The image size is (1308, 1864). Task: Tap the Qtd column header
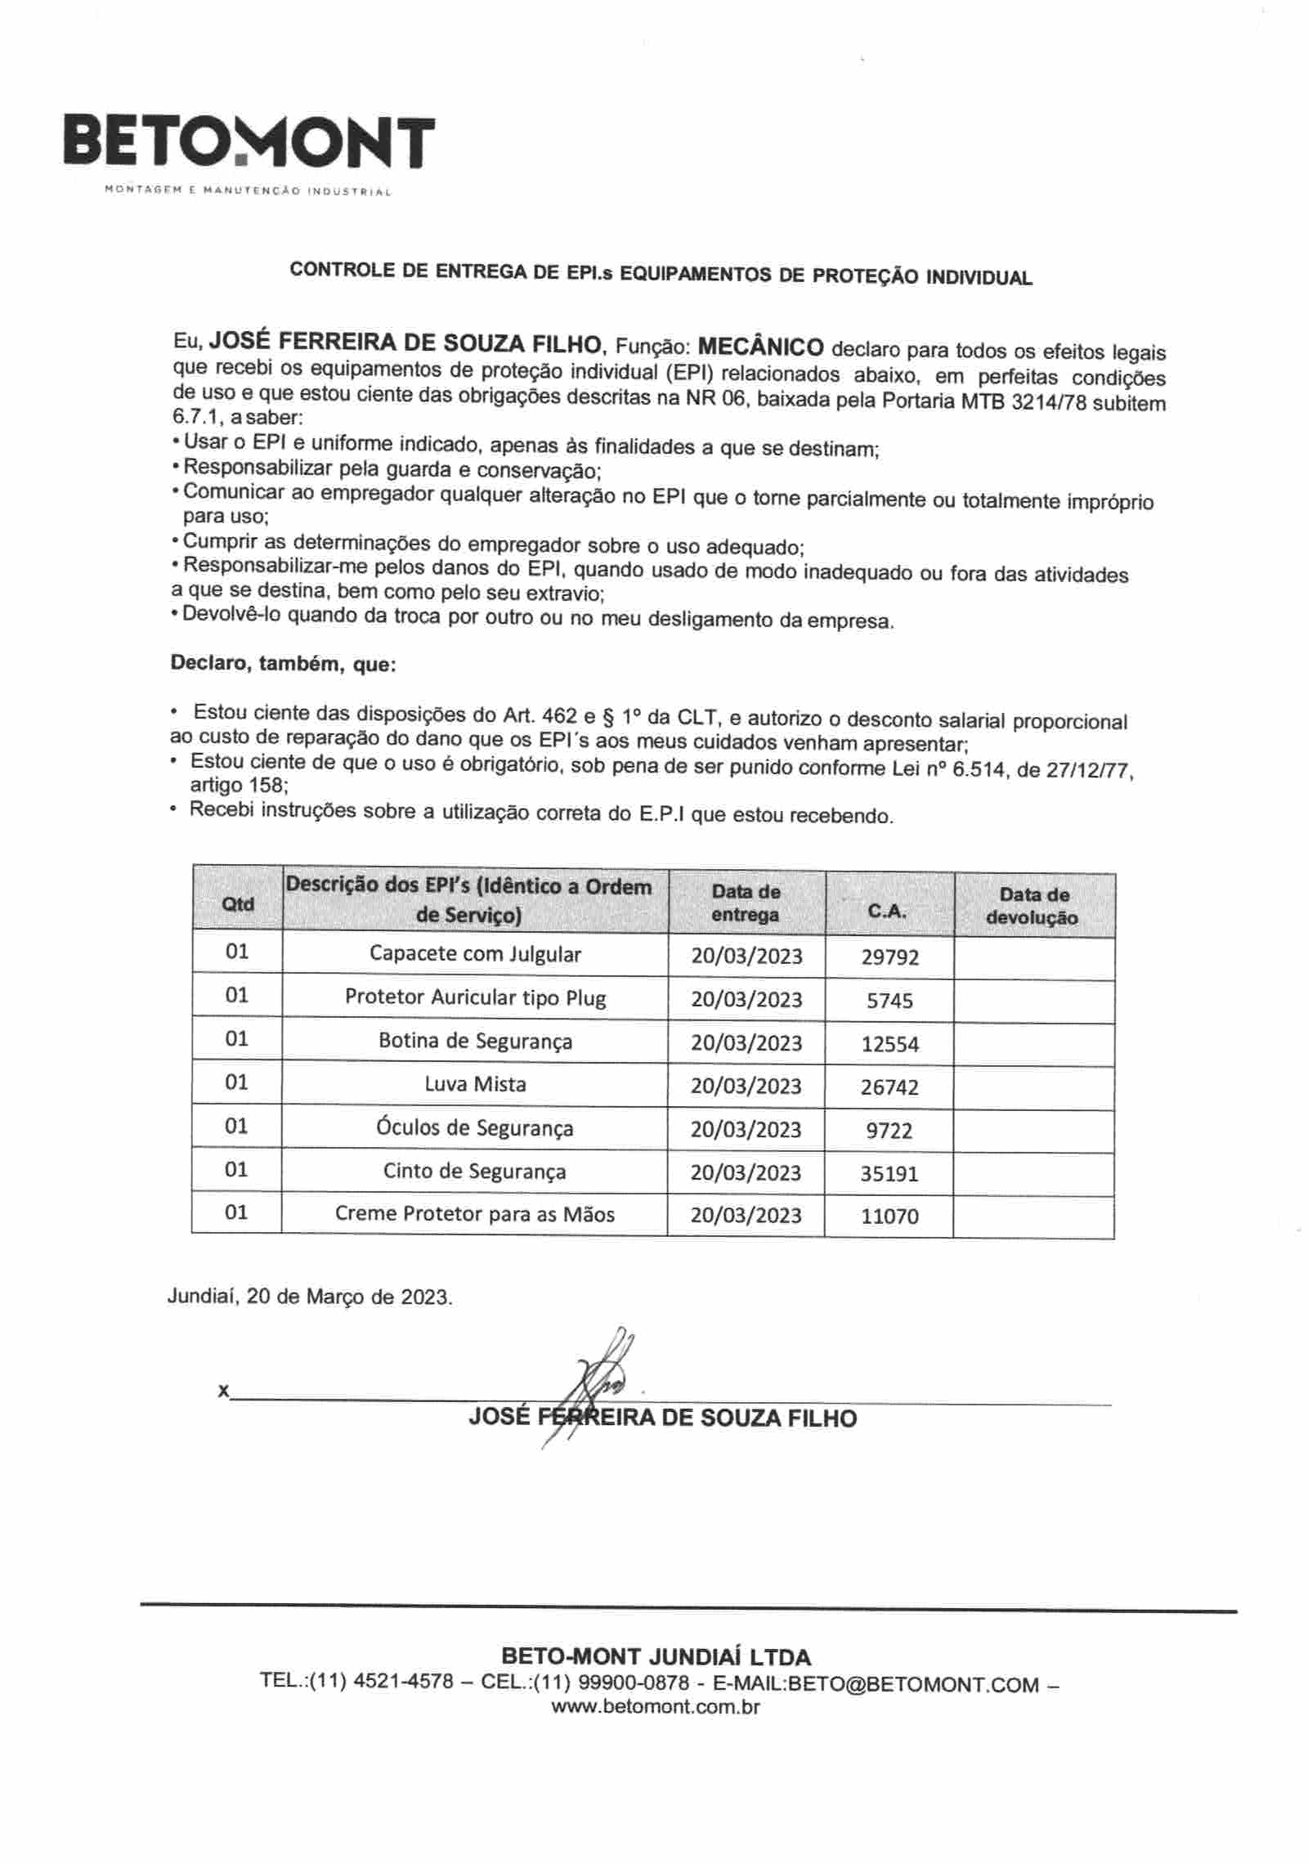click(x=237, y=904)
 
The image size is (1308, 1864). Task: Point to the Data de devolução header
click(x=1033, y=906)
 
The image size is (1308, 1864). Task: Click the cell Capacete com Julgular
click(x=475, y=953)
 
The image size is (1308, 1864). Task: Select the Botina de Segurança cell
click(x=475, y=1041)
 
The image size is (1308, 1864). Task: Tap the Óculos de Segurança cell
click(x=475, y=1128)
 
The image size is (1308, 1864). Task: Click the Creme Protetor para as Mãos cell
click(x=475, y=1214)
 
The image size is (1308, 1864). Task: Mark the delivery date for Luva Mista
click(x=746, y=1086)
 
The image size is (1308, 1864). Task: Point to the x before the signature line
click(x=223, y=1391)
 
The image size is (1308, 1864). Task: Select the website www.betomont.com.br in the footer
click(x=656, y=1707)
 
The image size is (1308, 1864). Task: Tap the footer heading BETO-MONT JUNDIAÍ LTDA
click(x=656, y=1657)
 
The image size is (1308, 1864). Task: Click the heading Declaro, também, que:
click(x=283, y=663)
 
